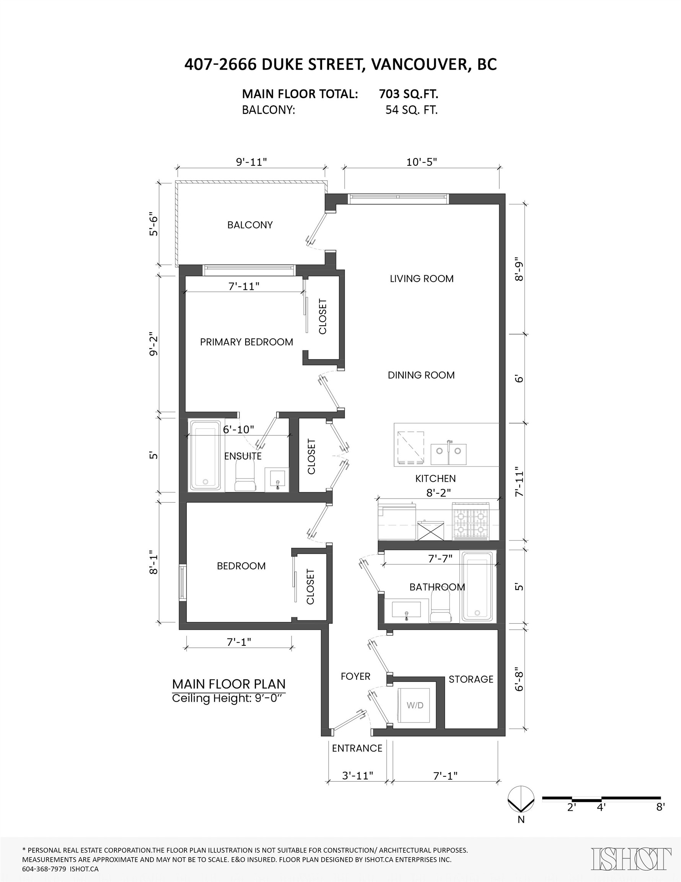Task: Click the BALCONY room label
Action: click(x=250, y=225)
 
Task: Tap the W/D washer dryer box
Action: click(x=415, y=706)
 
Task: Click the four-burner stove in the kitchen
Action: click(x=470, y=522)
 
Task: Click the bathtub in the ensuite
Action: click(x=205, y=455)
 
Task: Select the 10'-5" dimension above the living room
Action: click(x=422, y=162)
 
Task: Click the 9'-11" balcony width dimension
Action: click(x=251, y=162)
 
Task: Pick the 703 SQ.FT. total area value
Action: click(x=409, y=94)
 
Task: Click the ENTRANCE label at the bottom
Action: click(x=357, y=748)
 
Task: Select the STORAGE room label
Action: click(x=471, y=679)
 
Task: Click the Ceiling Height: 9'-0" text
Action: click(x=229, y=698)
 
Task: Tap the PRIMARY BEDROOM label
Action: click(x=246, y=342)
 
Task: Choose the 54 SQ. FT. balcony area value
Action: click(x=411, y=110)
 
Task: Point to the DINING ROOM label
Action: click(x=421, y=375)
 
